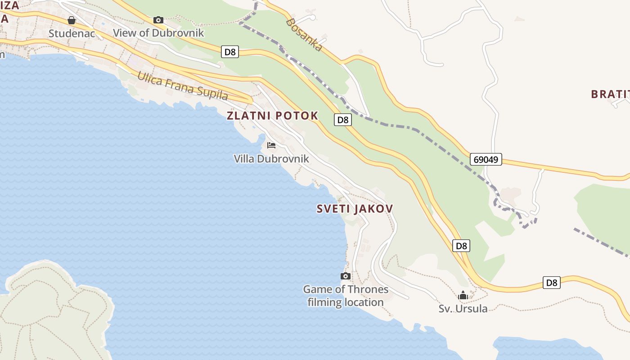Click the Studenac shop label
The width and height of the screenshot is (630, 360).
pyautogui.click(x=72, y=33)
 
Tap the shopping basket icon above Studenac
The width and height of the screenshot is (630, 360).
pyautogui.click(x=72, y=20)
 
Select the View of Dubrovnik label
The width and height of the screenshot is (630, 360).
pyautogui.click(x=158, y=33)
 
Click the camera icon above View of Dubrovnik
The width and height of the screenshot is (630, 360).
pyautogui.click(x=158, y=20)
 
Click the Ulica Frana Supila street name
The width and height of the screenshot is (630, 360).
pyautogui.click(x=182, y=85)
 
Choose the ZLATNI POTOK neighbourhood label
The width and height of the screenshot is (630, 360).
pyautogui.click(x=272, y=116)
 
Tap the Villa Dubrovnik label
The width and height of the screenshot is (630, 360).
pyautogui.click(x=271, y=158)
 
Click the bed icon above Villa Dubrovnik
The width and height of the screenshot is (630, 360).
pyautogui.click(x=271, y=145)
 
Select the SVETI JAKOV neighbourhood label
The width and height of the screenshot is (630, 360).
pyautogui.click(x=355, y=209)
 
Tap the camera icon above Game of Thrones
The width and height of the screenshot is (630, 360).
pyautogui.click(x=346, y=276)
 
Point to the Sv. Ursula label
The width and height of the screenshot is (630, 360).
pyautogui.click(x=463, y=309)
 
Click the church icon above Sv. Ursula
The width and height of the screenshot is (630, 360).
pyautogui.click(x=463, y=296)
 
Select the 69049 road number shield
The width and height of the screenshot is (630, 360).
pyautogui.click(x=486, y=159)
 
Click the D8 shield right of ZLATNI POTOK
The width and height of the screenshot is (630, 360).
pyautogui.click(x=343, y=120)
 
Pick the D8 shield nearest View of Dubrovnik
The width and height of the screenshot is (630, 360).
pyautogui.click(x=230, y=52)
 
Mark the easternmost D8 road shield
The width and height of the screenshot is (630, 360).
pyautogui.click(x=552, y=283)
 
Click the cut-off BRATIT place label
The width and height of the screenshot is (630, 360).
pyautogui.click(x=610, y=94)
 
